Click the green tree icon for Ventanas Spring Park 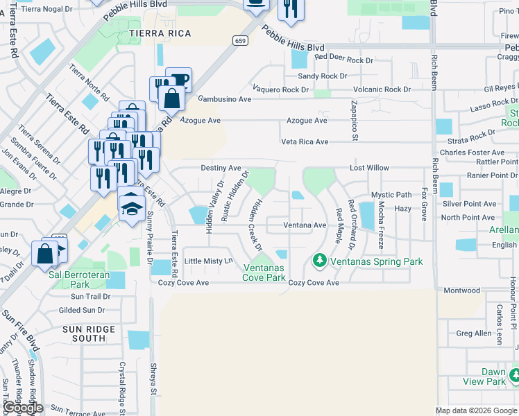(x=319, y=261)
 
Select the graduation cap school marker (x=131, y=207)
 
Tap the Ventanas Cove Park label (x=264, y=272)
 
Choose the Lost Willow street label (x=369, y=168)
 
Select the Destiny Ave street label (x=221, y=168)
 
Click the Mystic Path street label (x=391, y=195)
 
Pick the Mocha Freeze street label (x=381, y=226)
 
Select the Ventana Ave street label (x=305, y=225)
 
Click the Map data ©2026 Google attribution (x=476, y=410)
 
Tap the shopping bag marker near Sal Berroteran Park (x=45, y=254)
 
